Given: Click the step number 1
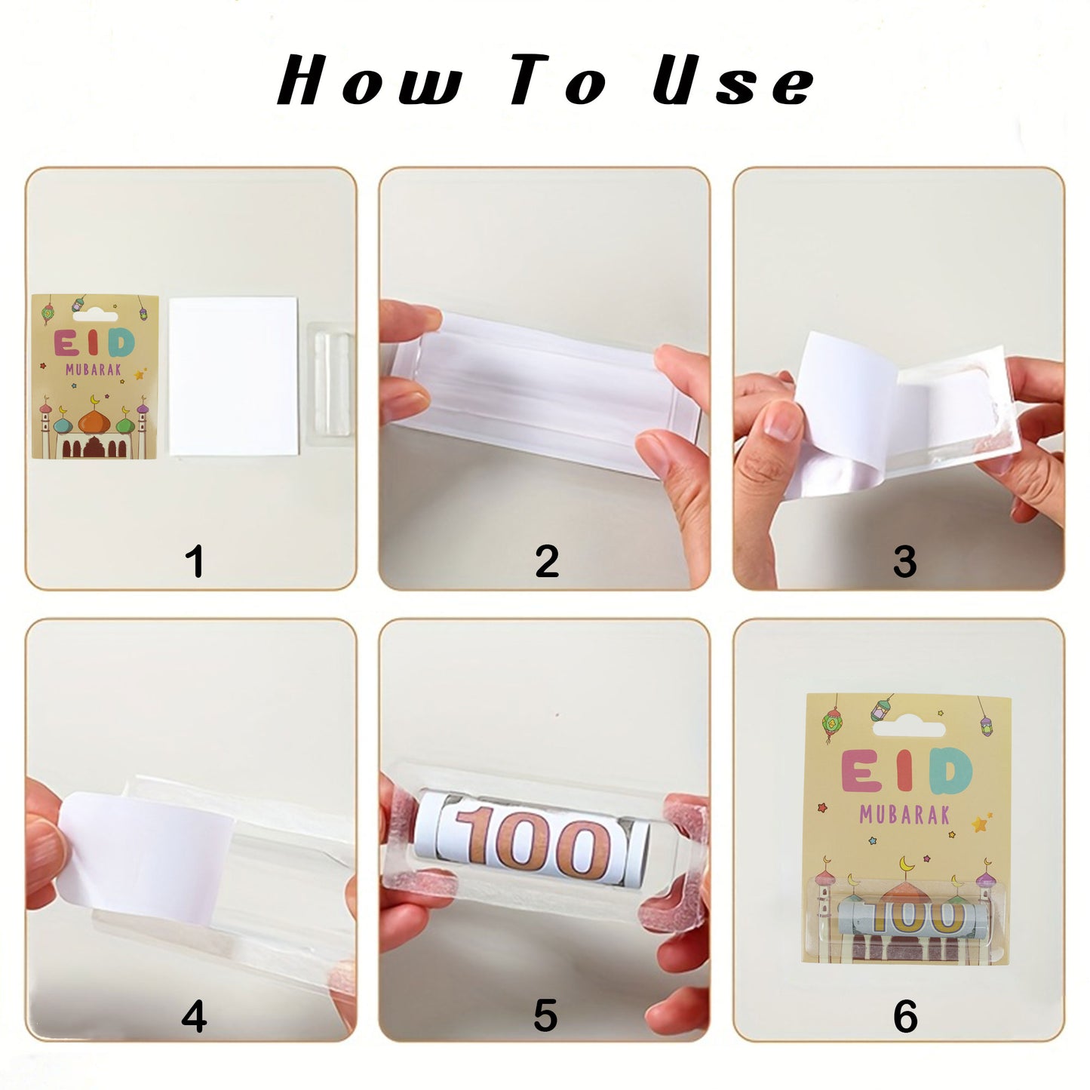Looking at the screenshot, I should click(195, 562).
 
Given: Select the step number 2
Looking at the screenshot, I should click(547, 562).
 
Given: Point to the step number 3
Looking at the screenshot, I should click(904, 562).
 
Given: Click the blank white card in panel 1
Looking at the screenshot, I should click(234, 376).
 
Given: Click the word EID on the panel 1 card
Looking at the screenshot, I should click(94, 344).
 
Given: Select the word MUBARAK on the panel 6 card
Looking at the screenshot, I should click(904, 815).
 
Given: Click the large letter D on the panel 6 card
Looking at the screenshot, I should click(950, 772).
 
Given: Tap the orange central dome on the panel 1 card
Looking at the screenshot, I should click(94, 421).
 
